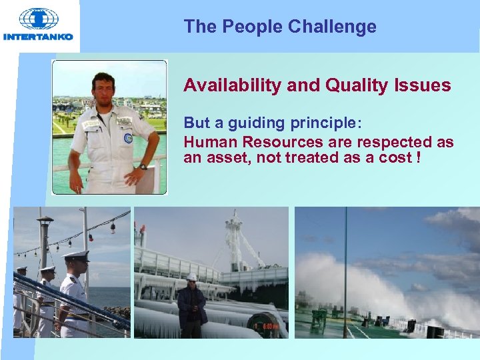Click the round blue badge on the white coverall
[128, 138]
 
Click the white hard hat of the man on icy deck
[192, 276]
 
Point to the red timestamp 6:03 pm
[271, 326]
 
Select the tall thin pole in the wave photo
[345, 267]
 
